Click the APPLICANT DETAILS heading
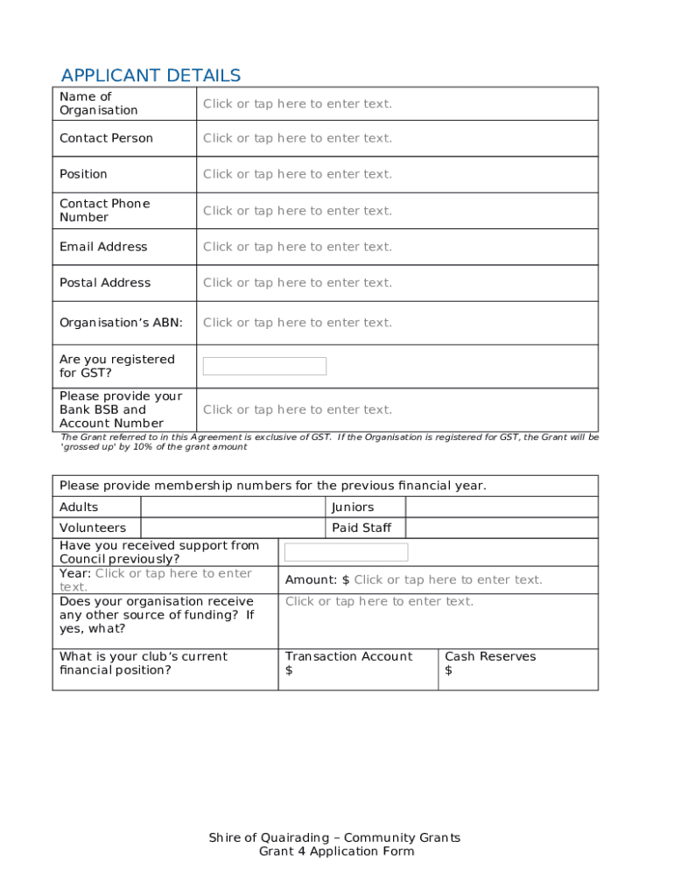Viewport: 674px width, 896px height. [x=151, y=75]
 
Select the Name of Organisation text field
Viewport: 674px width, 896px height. [x=298, y=104]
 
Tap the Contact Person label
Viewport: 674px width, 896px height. [x=106, y=138]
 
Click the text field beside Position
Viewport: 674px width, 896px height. [x=298, y=174]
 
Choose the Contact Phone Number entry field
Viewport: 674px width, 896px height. [x=298, y=211]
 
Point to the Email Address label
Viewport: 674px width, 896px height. [x=103, y=247]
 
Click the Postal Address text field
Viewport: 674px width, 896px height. [x=298, y=283]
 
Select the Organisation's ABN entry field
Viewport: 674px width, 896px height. [x=298, y=323]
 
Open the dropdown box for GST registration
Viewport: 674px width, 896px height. [x=264, y=367]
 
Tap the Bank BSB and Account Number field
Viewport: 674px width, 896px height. [x=298, y=409]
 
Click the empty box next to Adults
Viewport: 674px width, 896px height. [x=232, y=507]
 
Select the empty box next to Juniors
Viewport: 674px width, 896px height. [x=502, y=507]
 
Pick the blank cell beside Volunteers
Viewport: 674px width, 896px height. [x=232, y=528]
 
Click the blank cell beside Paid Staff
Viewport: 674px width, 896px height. [x=502, y=528]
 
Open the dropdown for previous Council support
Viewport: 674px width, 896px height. [x=346, y=552]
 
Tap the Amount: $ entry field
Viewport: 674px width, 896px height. [x=447, y=580]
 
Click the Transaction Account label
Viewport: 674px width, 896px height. [x=348, y=656]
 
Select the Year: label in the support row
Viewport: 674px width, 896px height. [x=75, y=573]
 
